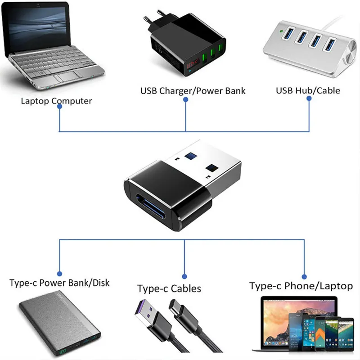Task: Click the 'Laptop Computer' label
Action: click(x=56, y=101)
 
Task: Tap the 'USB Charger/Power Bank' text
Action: click(x=193, y=91)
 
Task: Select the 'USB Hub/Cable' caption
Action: click(x=308, y=90)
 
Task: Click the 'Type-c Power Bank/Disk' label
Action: click(x=59, y=283)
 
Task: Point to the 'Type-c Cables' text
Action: click(x=169, y=288)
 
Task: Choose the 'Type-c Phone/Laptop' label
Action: click(x=301, y=286)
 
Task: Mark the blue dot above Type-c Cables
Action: click(x=184, y=276)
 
